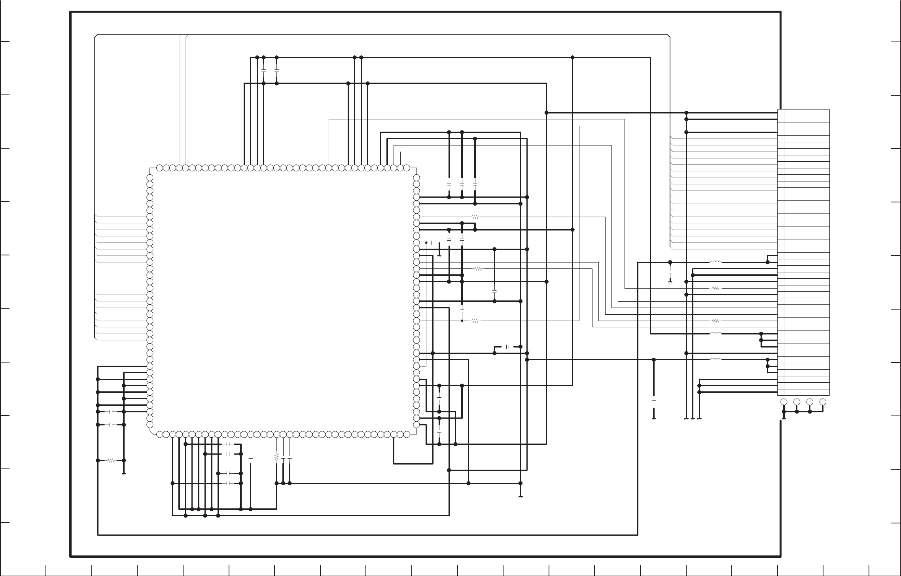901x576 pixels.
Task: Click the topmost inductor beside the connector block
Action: pyautogui.click(x=715, y=262)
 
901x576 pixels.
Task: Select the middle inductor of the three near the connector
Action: pyautogui.click(x=715, y=333)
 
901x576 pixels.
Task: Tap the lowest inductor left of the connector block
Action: pyautogui.click(x=715, y=359)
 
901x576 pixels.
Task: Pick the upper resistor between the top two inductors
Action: pyautogui.click(x=715, y=288)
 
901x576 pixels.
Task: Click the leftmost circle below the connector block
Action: pyautogui.click(x=784, y=402)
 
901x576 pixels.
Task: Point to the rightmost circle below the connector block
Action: pyautogui.click(x=823, y=402)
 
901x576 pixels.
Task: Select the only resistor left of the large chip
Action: pyautogui.click(x=111, y=460)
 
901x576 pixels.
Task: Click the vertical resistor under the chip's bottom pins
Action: pyautogui.click(x=276, y=457)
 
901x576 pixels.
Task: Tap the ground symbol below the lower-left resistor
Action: pyautogui.click(x=124, y=473)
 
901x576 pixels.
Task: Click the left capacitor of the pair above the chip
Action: pyautogui.click(x=263, y=70)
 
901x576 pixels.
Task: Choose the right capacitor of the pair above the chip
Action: pyautogui.click(x=276, y=70)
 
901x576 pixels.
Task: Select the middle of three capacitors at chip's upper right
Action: pyautogui.click(x=462, y=184)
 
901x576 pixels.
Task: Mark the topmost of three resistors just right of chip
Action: pyautogui.click(x=475, y=217)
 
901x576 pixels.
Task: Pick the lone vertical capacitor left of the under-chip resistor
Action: pyautogui.click(x=250, y=457)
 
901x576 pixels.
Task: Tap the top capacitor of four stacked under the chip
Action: pyautogui.click(x=228, y=444)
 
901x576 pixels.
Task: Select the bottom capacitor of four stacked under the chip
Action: pyautogui.click(x=228, y=483)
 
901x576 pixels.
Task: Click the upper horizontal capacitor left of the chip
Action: pyautogui.click(x=112, y=412)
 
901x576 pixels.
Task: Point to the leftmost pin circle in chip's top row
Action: pyautogui.click(x=159, y=168)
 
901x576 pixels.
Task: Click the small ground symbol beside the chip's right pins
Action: pyautogui.click(x=439, y=256)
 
